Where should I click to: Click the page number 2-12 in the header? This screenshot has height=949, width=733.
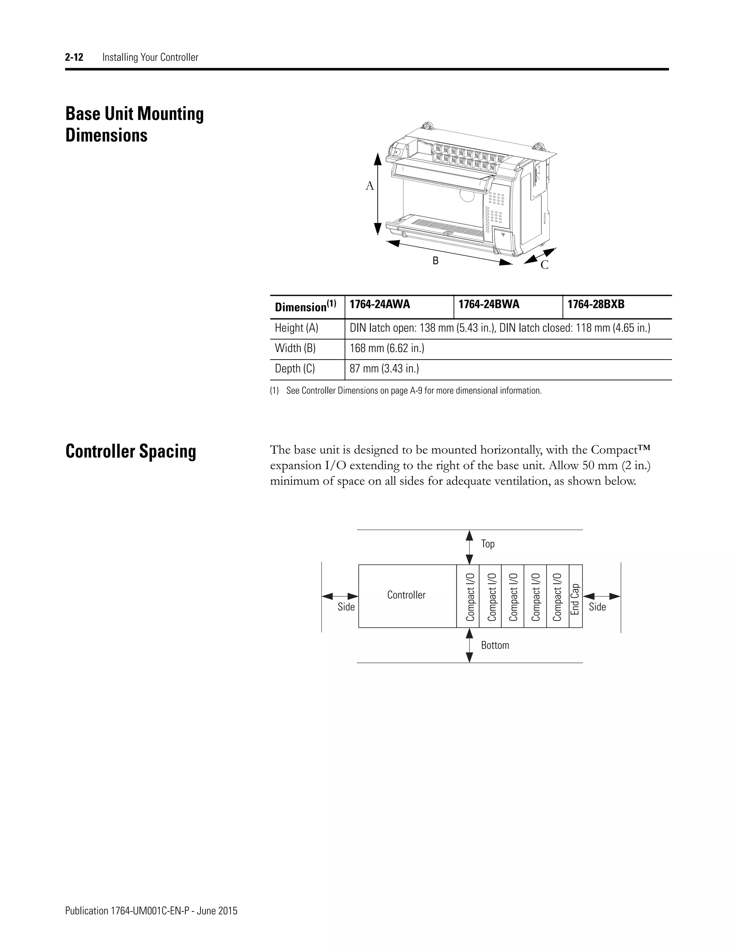tap(74, 57)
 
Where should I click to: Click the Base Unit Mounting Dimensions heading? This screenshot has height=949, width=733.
tap(135, 124)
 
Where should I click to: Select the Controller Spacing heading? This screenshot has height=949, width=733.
tap(131, 452)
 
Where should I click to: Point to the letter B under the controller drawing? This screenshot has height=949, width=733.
tap(435, 261)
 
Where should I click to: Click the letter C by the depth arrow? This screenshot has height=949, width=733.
tap(544, 265)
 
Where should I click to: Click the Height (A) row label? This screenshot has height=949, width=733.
tap(297, 328)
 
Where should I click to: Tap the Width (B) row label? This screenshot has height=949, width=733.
tap(295, 348)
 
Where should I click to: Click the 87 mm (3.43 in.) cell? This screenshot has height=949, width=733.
tap(384, 369)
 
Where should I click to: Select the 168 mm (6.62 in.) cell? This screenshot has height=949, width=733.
tap(387, 348)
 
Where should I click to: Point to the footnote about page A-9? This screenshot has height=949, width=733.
tap(406, 391)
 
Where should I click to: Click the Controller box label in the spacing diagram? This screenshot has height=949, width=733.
tap(407, 595)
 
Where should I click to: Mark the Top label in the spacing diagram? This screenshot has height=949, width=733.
tap(488, 544)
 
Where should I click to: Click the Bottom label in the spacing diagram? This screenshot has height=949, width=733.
tap(495, 645)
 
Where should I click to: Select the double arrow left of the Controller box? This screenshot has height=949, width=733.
tap(340, 597)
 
